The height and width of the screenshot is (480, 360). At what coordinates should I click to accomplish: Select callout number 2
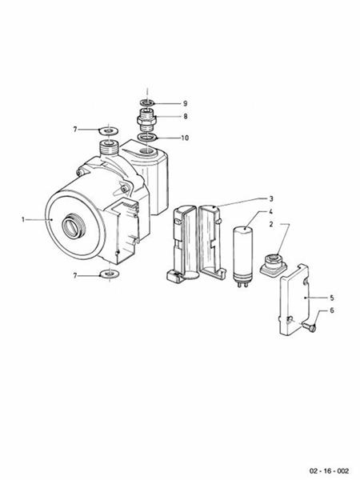point(273,226)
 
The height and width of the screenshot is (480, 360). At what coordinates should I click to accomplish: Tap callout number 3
point(271,198)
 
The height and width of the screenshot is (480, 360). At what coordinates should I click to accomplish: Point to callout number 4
point(271,212)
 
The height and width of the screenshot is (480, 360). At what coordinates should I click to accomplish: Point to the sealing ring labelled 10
point(148,138)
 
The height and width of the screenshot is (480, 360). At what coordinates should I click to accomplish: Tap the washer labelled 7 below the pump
point(108,276)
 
